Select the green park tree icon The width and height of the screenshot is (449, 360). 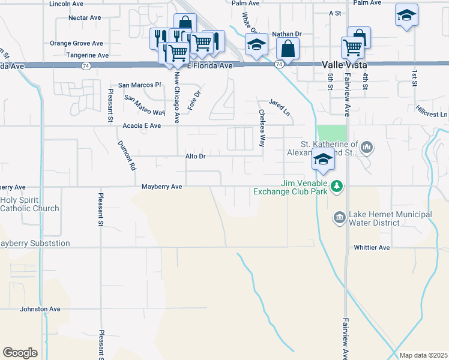[337, 187]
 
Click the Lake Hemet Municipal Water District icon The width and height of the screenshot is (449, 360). [339, 217]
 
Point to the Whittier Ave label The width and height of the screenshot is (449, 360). [372, 247]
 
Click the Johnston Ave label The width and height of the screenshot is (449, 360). [40, 309]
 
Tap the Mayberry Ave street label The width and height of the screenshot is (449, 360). [161, 187]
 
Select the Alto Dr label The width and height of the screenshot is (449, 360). [195, 156]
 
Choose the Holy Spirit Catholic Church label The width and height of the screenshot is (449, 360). [30, 204]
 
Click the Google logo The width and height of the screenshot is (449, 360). [20, 353]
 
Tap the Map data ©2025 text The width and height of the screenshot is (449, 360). [423, 355]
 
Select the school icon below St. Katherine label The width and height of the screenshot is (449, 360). [322, 160]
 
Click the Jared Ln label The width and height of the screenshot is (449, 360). [279, 108]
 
